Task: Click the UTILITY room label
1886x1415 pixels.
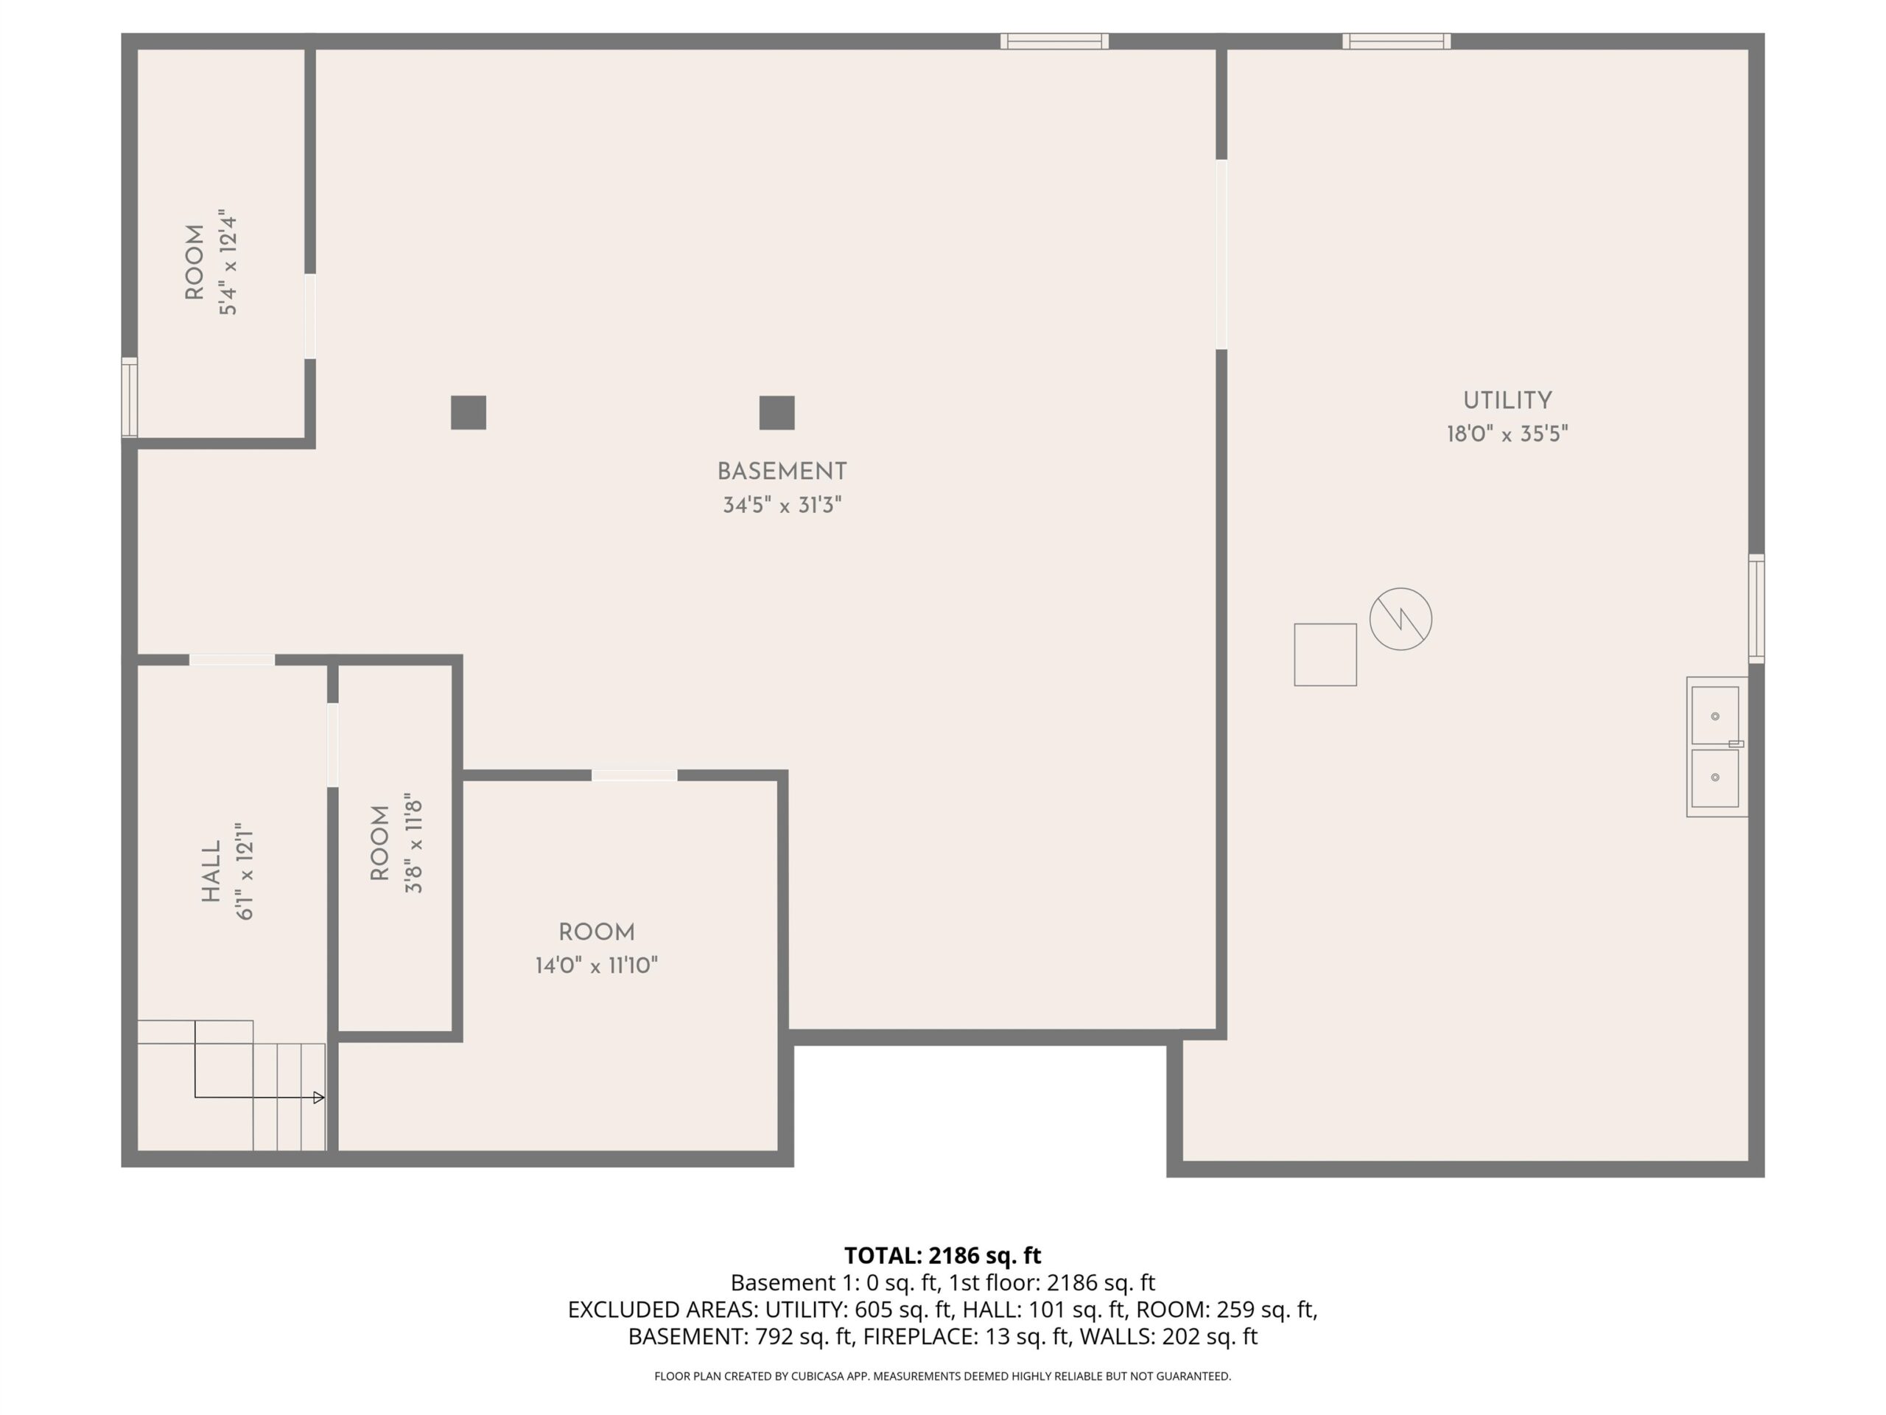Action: point(1507,400)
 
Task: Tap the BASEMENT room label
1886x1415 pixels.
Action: point(782,472)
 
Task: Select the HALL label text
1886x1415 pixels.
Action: point(211,871)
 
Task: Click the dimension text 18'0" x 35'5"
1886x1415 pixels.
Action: point(1507,434)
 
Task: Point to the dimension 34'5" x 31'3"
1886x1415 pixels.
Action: point(782,505)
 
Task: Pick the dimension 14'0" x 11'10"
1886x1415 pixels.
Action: point(596,965)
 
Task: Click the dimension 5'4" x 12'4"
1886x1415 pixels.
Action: point(228,262)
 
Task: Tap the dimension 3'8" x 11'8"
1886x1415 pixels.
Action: point(413,844)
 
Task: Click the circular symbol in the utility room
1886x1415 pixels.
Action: point(1400,619)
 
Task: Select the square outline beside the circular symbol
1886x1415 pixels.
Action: point(1325,654)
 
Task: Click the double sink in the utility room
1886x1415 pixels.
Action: point(1717,747)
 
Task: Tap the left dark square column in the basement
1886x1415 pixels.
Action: point(468,413)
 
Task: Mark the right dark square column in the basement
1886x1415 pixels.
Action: point(777,413)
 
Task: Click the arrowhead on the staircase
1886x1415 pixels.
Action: point(319,1097)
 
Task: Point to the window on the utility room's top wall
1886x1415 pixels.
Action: point(1396,41)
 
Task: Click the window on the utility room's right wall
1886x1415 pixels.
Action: point(1756,608)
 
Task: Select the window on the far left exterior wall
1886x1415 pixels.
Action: point(129,397)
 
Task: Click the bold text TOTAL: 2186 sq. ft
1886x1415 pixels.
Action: point(942,1256)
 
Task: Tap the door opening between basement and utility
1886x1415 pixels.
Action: point(1221,254)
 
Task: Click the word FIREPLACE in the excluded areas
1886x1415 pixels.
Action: point(920,1337)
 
